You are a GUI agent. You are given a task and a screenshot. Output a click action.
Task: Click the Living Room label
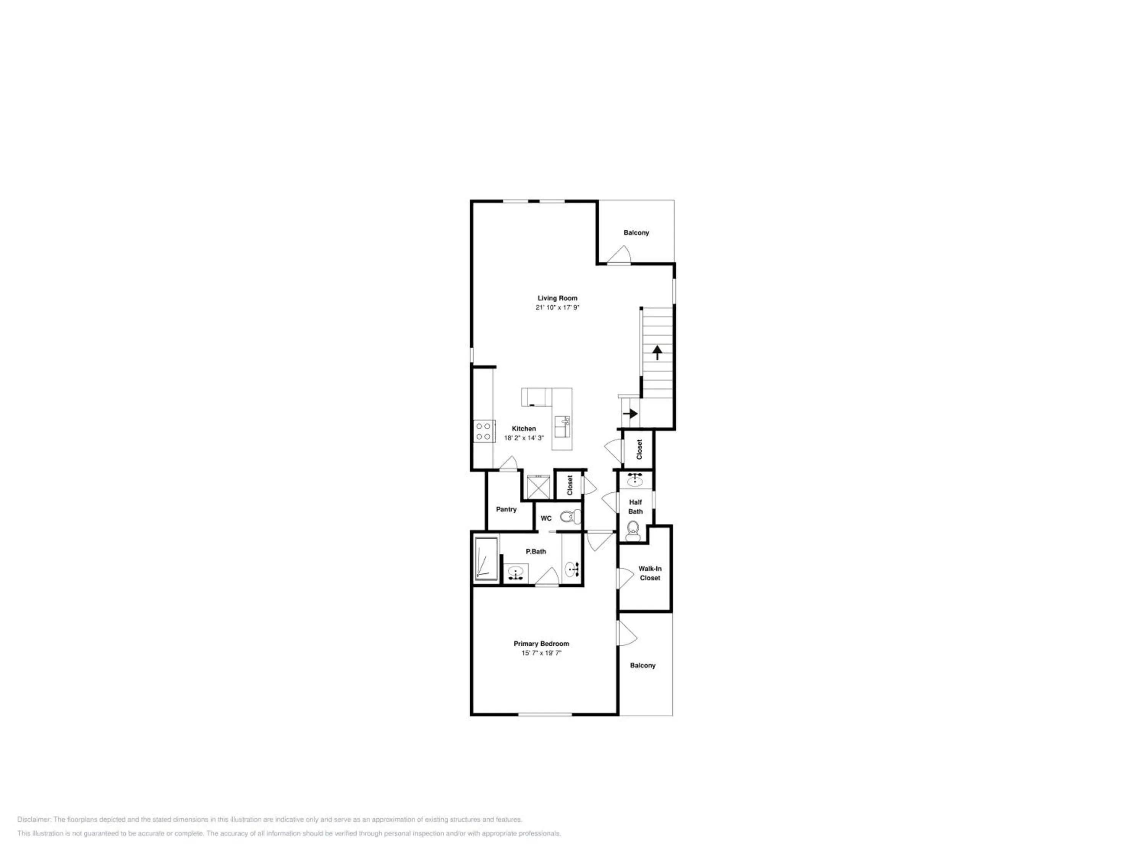pyautogui.click(x=557, y=298)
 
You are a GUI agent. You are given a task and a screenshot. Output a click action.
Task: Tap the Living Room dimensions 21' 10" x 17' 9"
pyautogui.click(x=557, y=307)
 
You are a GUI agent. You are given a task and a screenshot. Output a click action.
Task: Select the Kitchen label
pyautogui.click(x=524, y=429)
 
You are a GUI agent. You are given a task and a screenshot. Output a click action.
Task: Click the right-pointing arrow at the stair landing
pyautogui.click(x=631, y=414)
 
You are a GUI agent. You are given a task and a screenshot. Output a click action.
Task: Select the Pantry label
pyautogui.click(x=506, y=510)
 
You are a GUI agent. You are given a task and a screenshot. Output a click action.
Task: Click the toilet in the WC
pyautogui.click(x=570, y=517)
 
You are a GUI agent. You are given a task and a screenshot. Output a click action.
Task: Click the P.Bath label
pyautogui.click(x=536, y=552)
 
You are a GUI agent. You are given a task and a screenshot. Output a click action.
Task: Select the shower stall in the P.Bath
pyautogui.click(x=486, y=559)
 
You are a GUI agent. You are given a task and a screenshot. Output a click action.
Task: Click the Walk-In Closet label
pyautogui.click(x=650, y=573)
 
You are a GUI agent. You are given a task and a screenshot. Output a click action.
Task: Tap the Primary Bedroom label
pyautogui.click(x=541, y=644)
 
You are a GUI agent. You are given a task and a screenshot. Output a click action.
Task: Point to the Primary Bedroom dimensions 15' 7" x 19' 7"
pyautogui.click(x=541, y=653)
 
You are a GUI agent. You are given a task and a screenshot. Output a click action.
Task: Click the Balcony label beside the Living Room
pyautogui.click(x=636, y=233)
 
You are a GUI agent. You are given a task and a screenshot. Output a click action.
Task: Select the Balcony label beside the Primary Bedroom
pyautogui.click(x=643, y=665)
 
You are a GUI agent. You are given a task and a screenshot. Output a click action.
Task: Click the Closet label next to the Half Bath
pyautogui.click(x=639, y=449)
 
